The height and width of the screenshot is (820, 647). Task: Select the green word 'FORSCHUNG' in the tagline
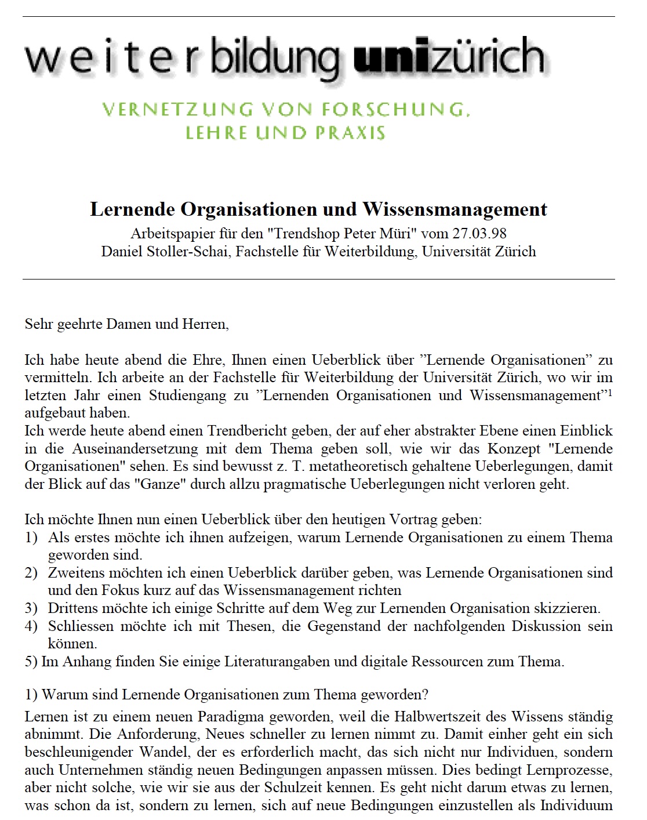(x=395, y=110)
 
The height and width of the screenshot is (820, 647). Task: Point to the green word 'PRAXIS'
(x=350, y=133)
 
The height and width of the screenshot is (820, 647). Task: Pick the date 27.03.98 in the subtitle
(x=480, y=234)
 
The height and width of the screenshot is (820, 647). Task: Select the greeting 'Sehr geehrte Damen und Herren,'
(x=127, y=324)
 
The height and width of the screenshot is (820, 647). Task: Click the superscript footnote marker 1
(x=610, y=392)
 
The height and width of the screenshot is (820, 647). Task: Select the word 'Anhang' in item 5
(x=84, y=662)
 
